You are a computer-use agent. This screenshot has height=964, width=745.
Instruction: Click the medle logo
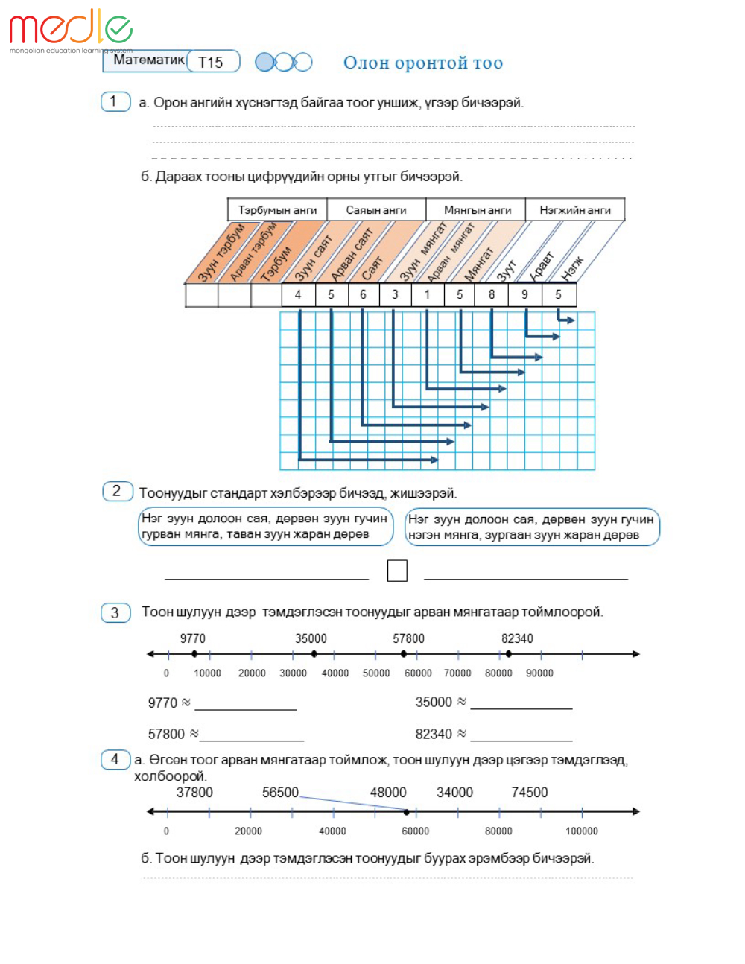click(x=70, y=28)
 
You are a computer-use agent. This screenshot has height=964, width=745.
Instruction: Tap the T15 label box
click(x=212, y=62)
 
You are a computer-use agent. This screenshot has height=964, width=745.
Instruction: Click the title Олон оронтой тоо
click(x=422, y=63)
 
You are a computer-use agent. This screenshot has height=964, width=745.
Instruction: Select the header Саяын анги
click(x=376, y=210)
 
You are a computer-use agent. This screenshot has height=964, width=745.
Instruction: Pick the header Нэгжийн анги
click(x=574, y=210)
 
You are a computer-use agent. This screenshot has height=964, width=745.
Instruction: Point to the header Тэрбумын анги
click(x=277, y=210)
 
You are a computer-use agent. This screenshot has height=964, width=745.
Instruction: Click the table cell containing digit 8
click(x=492, y=294)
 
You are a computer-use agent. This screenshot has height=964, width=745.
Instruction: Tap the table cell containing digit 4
click(x=298, y=294)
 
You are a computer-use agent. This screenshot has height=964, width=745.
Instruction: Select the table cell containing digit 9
click(x=524, y=294)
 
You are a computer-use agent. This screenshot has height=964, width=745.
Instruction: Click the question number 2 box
click(x=117, y=491)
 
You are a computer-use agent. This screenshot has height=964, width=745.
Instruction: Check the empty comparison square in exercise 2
click(x=397, y=571)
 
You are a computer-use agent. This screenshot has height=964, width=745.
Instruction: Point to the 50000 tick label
click(x=376, y=673)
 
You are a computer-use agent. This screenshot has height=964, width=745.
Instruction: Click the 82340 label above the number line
click(x=517, y=638)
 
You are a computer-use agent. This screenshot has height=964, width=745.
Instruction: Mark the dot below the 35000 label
click(x=314, y=654)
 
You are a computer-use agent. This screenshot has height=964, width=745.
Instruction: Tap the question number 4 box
click(x=115, y=759)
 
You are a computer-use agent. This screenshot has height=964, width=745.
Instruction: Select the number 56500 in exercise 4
click(x=280, y=793)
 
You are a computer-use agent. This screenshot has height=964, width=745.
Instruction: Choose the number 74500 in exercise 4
click(x=529, y=793)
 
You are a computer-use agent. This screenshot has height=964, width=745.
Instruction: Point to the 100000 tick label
click(x=582, y=831)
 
